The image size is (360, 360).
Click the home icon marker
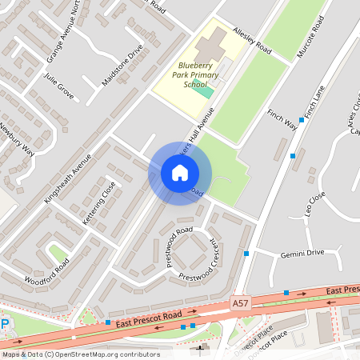pyautogui.click(x=180, y=173)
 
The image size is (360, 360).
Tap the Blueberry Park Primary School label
pyautogui.click(x=189, y=78)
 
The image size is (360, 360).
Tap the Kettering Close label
pyautogui.click(x=99, y=202)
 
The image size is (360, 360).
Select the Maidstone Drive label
pyautogui.click(x=122, y=66)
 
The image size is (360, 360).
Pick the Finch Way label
pyautogui.click(x=282, y=121)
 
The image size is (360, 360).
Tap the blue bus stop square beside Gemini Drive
pyautogui.click(x=246, y=254)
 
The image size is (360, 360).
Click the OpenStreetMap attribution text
pyautogui.click(x=81, y=354)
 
